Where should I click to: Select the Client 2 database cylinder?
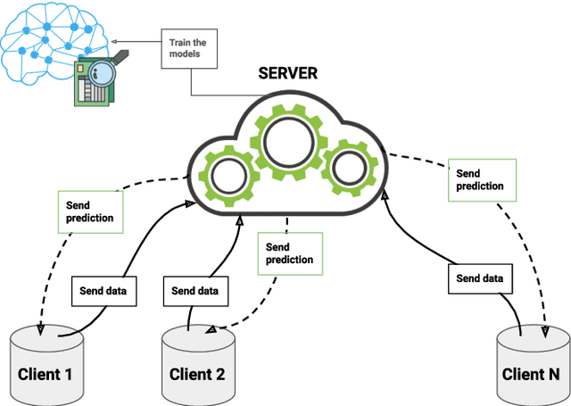(x=199, y=366)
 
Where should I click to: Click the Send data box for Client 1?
(x=103, y=291)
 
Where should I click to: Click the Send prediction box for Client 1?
(x=90, y=211)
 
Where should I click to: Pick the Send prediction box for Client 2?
(x=290, y=253)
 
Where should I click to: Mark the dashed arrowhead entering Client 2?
(x=211, y=330)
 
